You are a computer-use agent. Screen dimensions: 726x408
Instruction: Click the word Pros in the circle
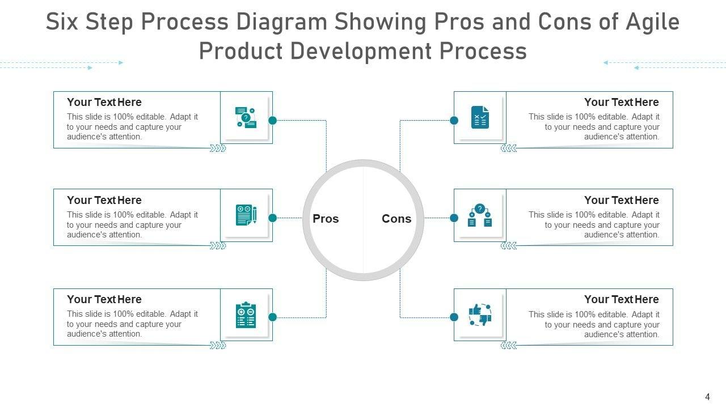coord(326,219)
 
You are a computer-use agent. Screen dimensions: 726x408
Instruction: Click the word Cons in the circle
coord(396,219)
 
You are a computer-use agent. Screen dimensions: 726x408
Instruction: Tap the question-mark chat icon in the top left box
coord(246,117)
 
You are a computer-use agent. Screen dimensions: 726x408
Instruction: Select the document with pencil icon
coord(246,215)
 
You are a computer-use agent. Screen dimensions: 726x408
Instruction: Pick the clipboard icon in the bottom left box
coord(246,314)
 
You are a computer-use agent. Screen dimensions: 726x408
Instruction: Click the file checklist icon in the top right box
coord(480,117)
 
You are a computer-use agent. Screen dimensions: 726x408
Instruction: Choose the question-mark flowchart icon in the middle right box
coord(480,215)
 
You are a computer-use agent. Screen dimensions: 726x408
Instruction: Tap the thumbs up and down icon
coord(480,314)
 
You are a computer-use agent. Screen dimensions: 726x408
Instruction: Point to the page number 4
coord(707,397)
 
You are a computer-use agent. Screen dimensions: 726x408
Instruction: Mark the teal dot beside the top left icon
coord(272,120)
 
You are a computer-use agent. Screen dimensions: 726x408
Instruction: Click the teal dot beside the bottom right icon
coord(454,317)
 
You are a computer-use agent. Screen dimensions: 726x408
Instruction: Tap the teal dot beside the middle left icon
coord(272,218)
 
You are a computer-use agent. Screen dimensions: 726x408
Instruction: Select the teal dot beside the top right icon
coord(454,120)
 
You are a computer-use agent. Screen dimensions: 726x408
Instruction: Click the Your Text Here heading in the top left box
coord(104,103)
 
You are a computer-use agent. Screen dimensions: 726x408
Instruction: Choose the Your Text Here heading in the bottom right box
coord(621,300)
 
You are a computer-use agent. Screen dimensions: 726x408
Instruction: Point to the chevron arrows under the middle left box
coord(218,246)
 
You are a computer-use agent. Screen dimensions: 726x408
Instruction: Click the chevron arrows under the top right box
coord(509,148)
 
